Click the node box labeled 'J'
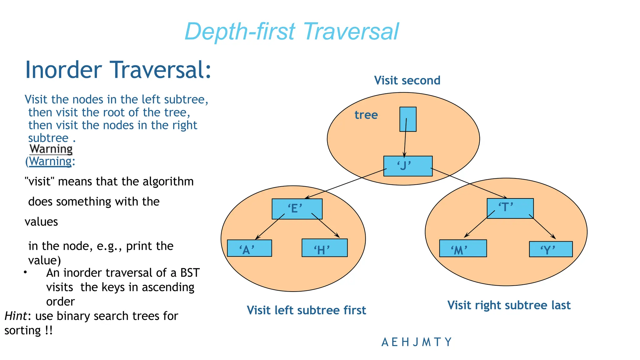tap(408, 166)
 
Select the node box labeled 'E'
tap(297, 209)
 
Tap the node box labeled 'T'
tap(510, 208)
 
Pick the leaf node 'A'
tap(249, 248)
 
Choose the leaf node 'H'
tap(324, 248)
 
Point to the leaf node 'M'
tap(462, 248)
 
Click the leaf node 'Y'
tap(551, 249)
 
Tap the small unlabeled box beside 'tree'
tap(408, 119)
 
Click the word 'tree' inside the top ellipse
tap(366, 115)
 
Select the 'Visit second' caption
tap(407, 80)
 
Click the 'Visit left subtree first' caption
tap(306, 310)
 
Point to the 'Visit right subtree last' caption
tap(509, 305)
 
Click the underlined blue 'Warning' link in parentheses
tap(51, 162)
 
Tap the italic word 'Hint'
tap(16, 316)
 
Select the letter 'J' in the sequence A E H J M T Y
tap(415, 342)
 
